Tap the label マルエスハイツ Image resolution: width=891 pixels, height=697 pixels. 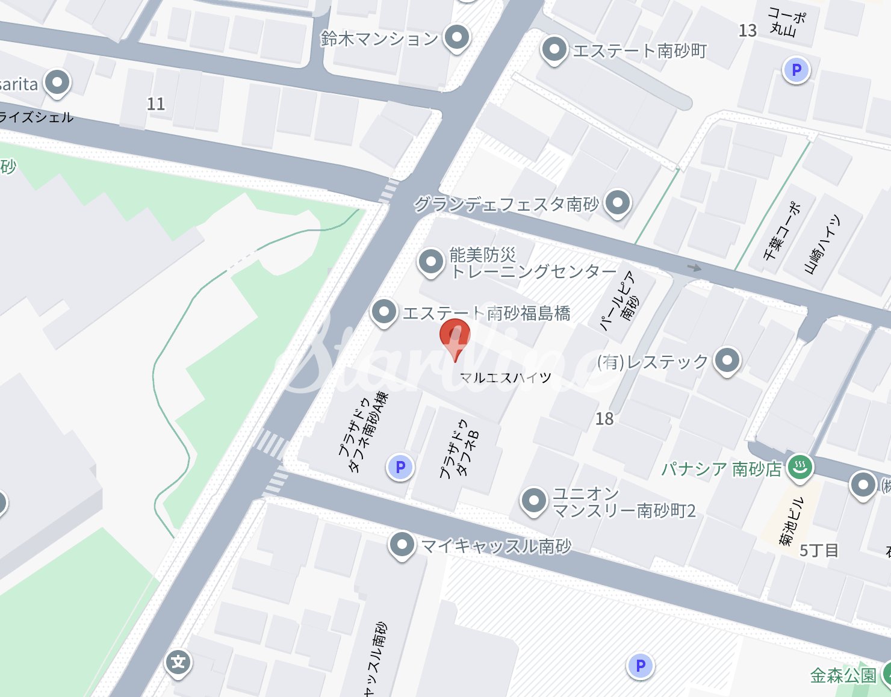(x=505, y=378)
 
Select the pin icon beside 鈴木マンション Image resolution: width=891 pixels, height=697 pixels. (x=457, y=37)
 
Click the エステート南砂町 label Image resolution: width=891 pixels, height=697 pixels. (x=639, y=51)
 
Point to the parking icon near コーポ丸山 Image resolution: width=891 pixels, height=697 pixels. (x=796, y=70)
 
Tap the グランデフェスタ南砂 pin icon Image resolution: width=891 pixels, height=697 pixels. (x=617, y=203)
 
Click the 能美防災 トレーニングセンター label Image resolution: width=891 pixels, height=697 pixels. (x=533, y=264)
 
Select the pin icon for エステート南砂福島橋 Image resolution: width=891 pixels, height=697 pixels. (x=383, y=312)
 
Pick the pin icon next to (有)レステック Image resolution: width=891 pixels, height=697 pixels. (x=727, y=361)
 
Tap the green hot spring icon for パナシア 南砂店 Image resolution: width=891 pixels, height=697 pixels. (x=800, y=466)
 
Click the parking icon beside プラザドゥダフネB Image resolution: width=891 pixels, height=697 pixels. (x=400, y=467)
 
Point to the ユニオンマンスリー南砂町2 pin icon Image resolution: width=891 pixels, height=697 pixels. (x=533, y=501)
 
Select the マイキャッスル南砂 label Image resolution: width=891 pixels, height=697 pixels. (x=496, y=546)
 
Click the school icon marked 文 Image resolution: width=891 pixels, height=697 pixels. (x=178, y=663)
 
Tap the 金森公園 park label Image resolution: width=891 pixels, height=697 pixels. (x=843, y=675)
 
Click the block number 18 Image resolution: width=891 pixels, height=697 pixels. (x=604, y=419)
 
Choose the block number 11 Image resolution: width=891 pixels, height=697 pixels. (x=156, y=104)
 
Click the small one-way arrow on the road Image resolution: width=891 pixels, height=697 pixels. (x=694, y=267)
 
